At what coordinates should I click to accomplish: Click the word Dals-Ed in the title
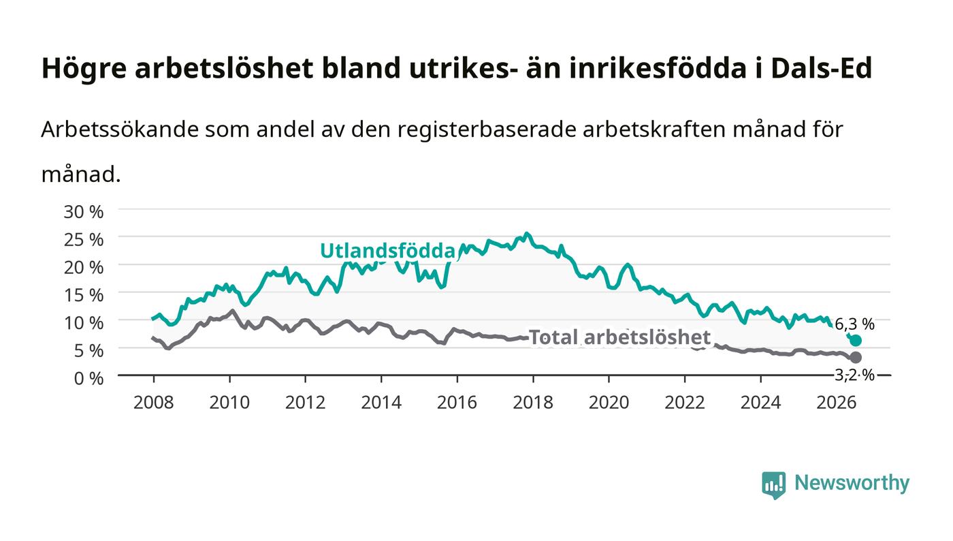[x=822, y=69]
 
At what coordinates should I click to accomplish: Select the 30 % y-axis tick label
[x=83, y=212]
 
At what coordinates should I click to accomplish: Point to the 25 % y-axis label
[x=83, y=240]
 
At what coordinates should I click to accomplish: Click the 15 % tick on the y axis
[x=83, y=295]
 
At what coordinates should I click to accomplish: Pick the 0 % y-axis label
[x=88, y=378]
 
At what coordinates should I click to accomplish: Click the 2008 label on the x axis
[x=154, y=403]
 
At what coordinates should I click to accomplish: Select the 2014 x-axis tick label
[x=381, y=403]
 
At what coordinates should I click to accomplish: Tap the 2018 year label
[x=533, y=403]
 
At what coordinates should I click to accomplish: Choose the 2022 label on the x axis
[x=685, y=403]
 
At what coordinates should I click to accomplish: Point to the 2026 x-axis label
[x=837, y=403]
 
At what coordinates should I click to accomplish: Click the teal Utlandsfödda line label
[x=387, y=251]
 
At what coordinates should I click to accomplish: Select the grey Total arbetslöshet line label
[x=619, y=337]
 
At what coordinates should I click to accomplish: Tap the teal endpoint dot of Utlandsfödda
[x=856, y=341]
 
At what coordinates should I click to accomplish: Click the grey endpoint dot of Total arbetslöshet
[x=856, y=358]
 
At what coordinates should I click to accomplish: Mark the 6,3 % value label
[x=854, y=324]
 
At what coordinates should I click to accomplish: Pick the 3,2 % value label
[x=854, y=375]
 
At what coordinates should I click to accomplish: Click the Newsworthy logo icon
[x=773, y=484]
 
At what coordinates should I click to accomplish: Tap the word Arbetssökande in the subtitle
[x=120, y=129]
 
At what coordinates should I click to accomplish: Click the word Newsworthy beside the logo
[x=852, y=483]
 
